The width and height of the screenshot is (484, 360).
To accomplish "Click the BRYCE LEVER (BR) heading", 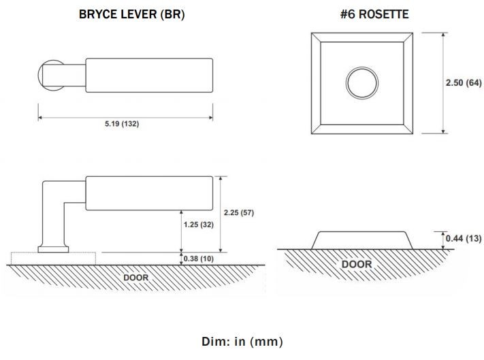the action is [132, 14].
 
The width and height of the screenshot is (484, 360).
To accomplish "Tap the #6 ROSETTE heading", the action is [374, 14].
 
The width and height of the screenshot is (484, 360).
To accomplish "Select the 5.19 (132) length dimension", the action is [122, 124].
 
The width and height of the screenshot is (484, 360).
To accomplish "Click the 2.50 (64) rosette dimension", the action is [464, 82].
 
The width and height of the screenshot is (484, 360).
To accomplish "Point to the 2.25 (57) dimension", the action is [239, 212].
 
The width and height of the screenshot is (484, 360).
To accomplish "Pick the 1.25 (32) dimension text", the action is [199, 225].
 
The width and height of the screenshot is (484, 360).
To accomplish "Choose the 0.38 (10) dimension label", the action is [199, 259].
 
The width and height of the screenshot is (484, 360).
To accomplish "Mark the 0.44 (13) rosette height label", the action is [464, 238].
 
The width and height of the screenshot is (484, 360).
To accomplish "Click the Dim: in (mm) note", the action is [242, 342].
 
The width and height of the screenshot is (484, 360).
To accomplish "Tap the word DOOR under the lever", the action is [136, 278].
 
